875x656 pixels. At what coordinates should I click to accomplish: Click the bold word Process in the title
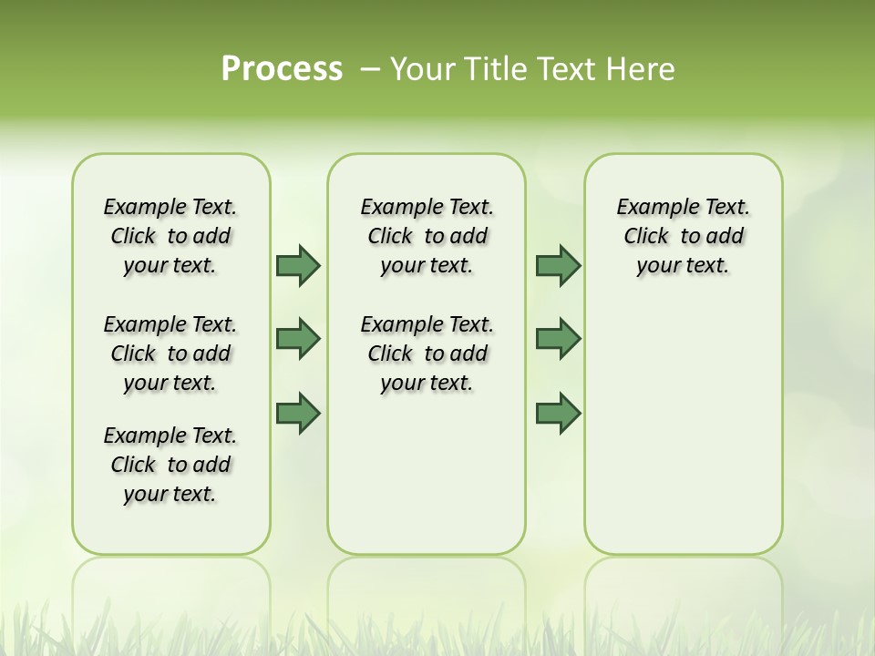point(282,69)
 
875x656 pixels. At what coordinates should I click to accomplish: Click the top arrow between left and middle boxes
point(298,265)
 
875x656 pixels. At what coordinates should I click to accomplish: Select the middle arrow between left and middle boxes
point(298,339)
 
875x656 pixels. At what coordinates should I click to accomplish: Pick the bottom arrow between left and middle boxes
point(298,414)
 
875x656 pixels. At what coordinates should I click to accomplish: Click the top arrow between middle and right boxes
point(558,265)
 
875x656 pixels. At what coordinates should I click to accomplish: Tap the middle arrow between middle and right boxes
point(558,339)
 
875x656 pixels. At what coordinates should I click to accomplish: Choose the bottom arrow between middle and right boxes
point(558,414)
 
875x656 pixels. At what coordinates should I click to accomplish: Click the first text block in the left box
point(170,236)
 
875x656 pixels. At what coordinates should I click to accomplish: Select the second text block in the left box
point(170,354)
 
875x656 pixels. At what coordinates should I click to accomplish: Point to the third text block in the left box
point(170,465)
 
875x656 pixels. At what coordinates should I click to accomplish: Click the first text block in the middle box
point(427,236)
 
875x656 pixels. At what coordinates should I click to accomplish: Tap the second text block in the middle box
point(427,354)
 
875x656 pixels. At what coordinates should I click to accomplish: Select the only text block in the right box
point(683,236)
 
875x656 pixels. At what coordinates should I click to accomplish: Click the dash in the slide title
point(370,69)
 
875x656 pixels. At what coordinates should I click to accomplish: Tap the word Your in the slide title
point(422,69)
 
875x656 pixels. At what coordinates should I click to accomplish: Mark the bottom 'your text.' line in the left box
point(170,494)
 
